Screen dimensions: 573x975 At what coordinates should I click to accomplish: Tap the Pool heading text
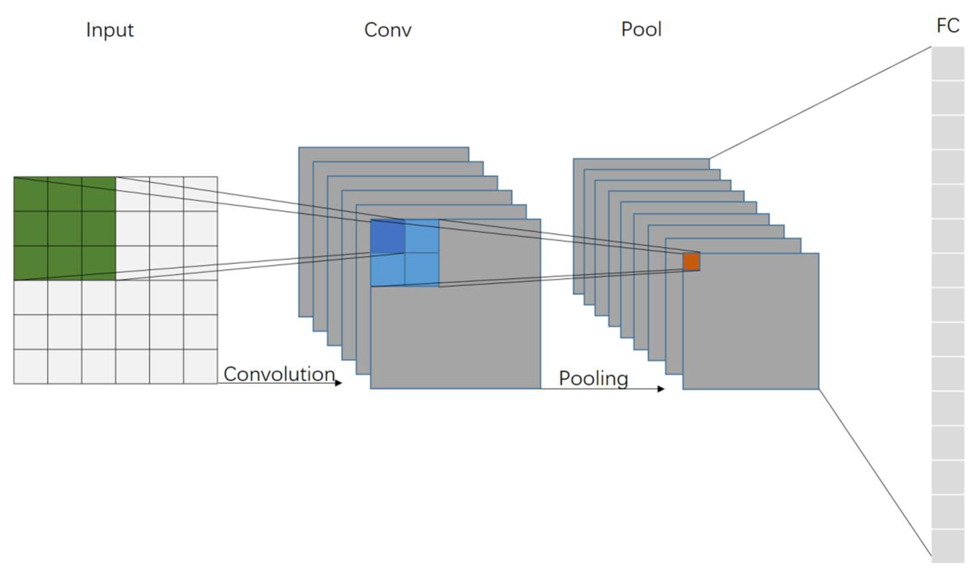click(641, 29)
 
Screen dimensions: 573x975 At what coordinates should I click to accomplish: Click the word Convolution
click(279, 374)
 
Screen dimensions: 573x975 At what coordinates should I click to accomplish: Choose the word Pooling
click(593, 378)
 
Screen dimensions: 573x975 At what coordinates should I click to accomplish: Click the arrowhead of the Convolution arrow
click(338, 383)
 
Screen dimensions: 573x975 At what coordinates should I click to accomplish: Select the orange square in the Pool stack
click(691, 262)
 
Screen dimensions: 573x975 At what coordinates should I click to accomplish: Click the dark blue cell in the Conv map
click(388, 237)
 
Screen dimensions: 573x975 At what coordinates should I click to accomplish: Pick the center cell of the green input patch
click(65, 229)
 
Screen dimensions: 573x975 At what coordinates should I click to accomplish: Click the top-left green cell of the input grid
click(31, 194)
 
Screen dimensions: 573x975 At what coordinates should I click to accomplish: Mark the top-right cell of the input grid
click(200, 194)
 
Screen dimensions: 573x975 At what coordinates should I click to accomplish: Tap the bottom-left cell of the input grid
click(31, 366)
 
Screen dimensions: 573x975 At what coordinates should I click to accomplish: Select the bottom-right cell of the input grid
click(200, 366)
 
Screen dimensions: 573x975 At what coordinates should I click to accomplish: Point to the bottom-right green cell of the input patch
click(99, 263)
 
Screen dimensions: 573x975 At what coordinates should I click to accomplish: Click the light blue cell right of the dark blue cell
click(422, 237)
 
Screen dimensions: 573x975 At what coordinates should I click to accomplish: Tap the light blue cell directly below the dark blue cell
click(388, 269)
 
